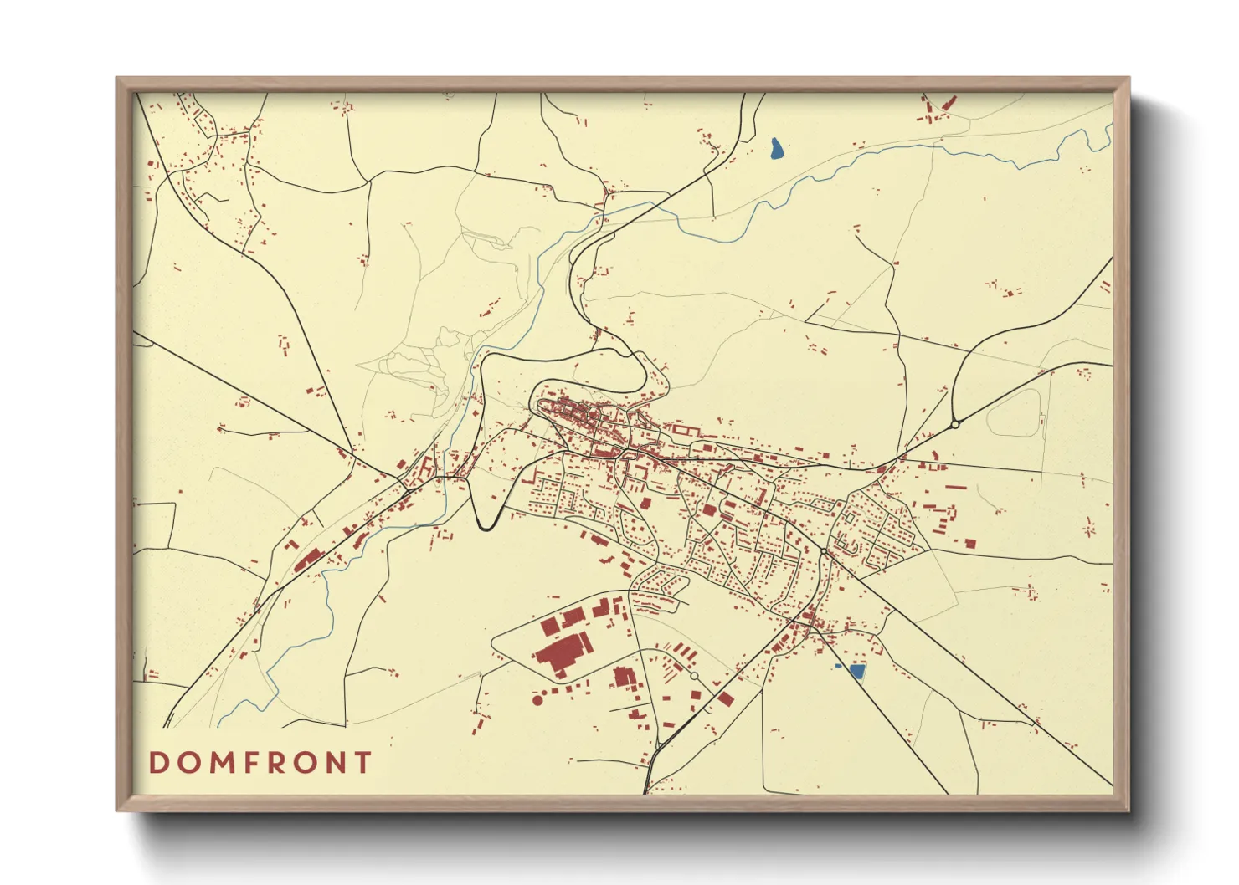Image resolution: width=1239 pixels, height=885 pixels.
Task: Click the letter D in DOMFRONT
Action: pyautogui.click(x=157, y=763)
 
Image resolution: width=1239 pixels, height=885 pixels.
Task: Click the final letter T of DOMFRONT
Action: pyautogui.click(x=363, y=763)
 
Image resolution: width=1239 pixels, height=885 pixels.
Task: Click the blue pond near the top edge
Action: pyautogui.click(x=777, y=149)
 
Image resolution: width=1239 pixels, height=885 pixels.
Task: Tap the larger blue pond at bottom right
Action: pyautogui.click(x=856, y=670)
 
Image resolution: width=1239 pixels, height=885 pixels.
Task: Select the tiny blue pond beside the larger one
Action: pyautogui.click(x=838, y=666)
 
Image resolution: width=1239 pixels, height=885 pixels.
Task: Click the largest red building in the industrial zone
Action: pyautogui.click(x=563, y=652)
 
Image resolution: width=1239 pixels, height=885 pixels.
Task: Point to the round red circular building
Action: pyautogui.click(x=537, y=699)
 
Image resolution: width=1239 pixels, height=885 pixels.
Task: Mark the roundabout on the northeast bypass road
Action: pyautogui.click(x=955, y=425)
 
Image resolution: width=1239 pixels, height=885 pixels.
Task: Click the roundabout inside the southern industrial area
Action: pyautogui.click(x=694, y=675)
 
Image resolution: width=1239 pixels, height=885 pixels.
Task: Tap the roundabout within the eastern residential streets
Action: pyautogui.click(x=824, y=551)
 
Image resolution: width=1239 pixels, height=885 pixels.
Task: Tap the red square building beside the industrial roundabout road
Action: pyautogui.click(x=725, y=698)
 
